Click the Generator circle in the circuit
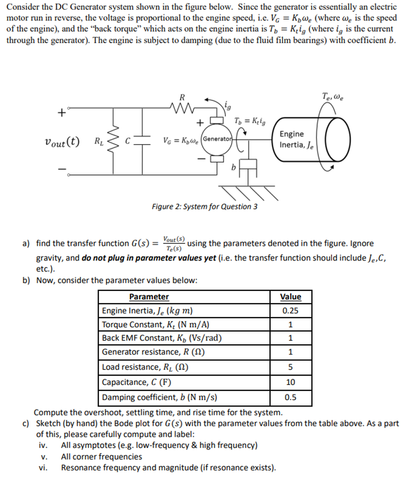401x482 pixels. (217, 139)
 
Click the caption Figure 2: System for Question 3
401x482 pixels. (204, 207)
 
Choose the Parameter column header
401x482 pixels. (149, 297)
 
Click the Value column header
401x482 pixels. (291, 297)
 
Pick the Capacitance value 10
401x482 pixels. (291, 382)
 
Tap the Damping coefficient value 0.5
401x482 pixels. (291, 398)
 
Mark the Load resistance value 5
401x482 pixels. (291, 367)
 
